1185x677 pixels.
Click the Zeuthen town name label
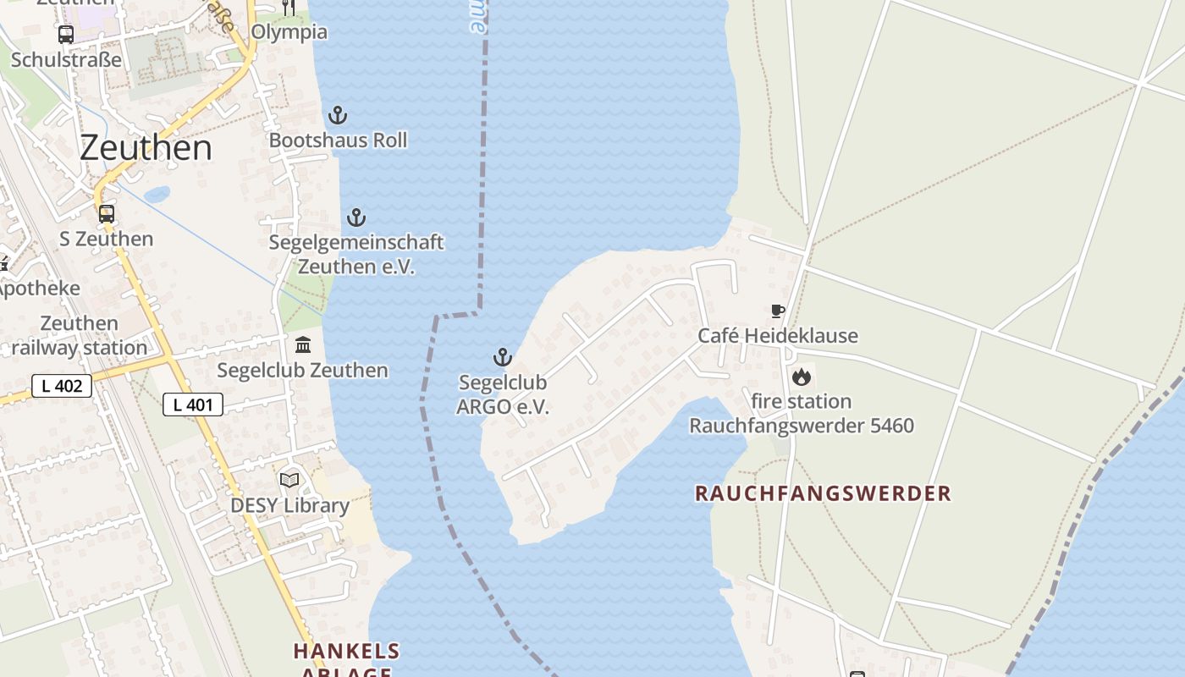(146, 148)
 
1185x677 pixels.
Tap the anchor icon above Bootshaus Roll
(338, 115)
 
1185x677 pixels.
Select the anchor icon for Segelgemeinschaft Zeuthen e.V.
(356, 217)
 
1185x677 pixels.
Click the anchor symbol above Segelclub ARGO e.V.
(503, 357)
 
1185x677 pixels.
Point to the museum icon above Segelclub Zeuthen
(303, 344)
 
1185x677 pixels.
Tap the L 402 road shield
(61, 386)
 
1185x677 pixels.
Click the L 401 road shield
(193, 405)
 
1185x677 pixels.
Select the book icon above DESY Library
(289, 480)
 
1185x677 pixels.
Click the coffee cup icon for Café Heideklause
(777, 311)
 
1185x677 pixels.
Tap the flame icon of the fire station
(802, 377)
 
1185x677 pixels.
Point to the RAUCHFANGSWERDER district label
(823, 493)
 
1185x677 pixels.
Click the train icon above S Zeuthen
(106, 213)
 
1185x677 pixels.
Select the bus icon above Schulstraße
(65, 35)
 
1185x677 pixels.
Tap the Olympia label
(289, 32)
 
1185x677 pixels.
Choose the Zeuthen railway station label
(80, 336)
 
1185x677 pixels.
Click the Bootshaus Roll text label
(338, 140)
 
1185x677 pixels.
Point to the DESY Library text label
(289, 506)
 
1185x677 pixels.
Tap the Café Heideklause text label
(777, 336)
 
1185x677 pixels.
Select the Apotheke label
(39, 289)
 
